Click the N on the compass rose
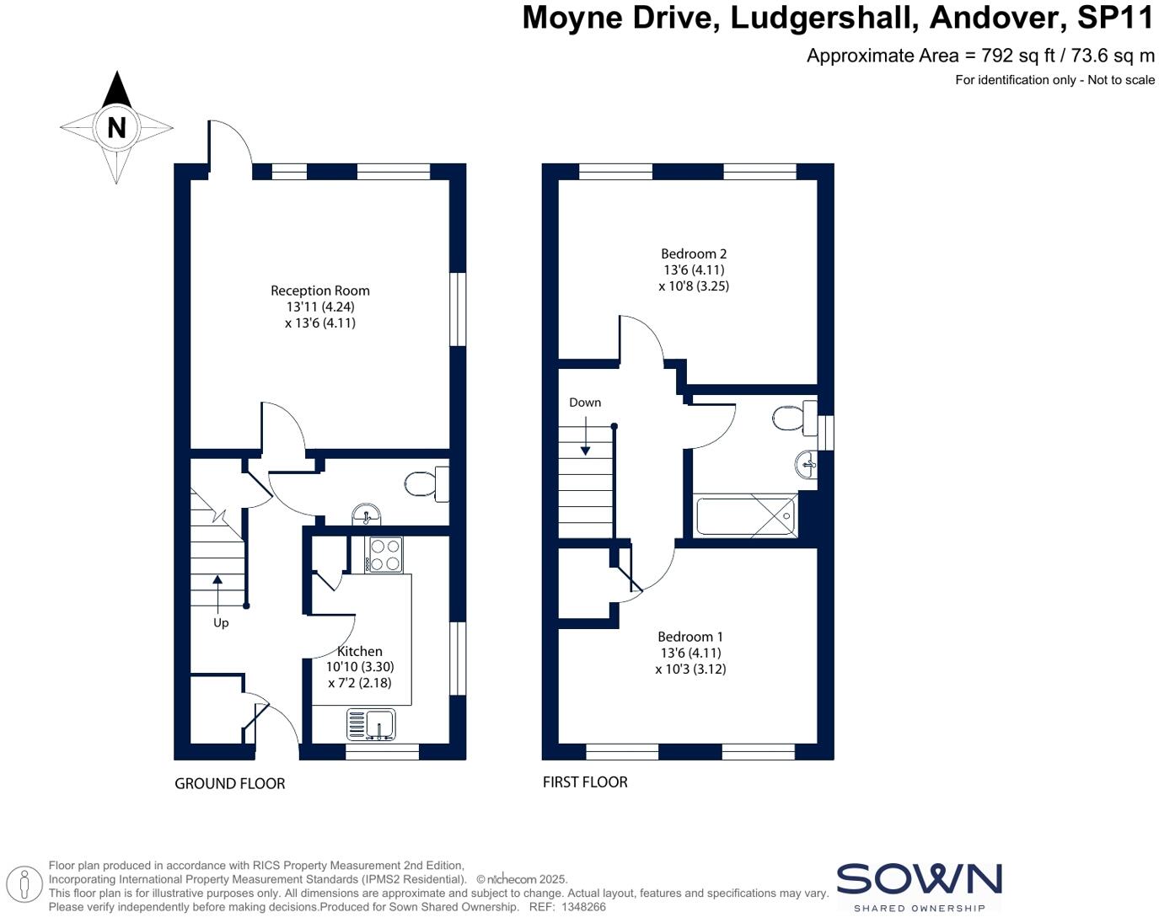[x=116, y=128]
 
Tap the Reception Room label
[x=319, y=291]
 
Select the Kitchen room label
[x=360, y=651]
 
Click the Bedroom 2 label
[x=693, y=253]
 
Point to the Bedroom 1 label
[x=689, y=637]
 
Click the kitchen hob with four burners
[x=384, y=555]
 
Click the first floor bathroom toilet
[x=792, y=419]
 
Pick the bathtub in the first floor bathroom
[x=745, y=515]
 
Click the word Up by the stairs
[x=221, y=623]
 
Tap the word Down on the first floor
[x=585, y=403]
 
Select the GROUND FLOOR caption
[x=229, y=784]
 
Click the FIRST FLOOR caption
[x=585, y=782]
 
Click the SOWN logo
[x=919, y=880]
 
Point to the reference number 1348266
[x=583, y=907]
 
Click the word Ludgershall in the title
[x=822, y=18]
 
